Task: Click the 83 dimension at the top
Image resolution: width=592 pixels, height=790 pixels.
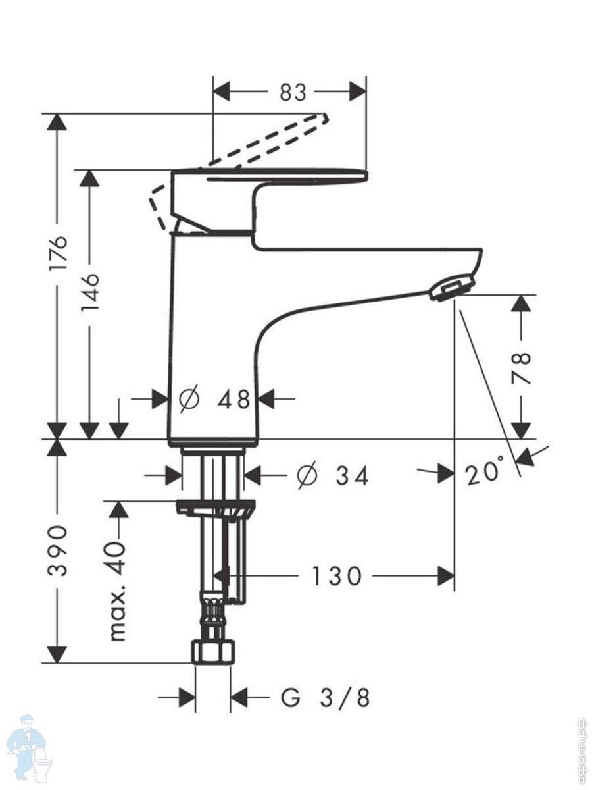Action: click(293, 92)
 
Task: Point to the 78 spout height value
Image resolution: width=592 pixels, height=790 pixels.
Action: click(520, 368)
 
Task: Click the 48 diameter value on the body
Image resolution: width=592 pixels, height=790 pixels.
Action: click(234, 399)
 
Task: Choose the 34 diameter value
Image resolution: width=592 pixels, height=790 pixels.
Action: click(353, 476)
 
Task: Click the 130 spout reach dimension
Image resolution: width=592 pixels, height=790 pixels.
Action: click(336, 576)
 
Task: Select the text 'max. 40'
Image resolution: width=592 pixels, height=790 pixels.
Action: click(118, 580)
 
